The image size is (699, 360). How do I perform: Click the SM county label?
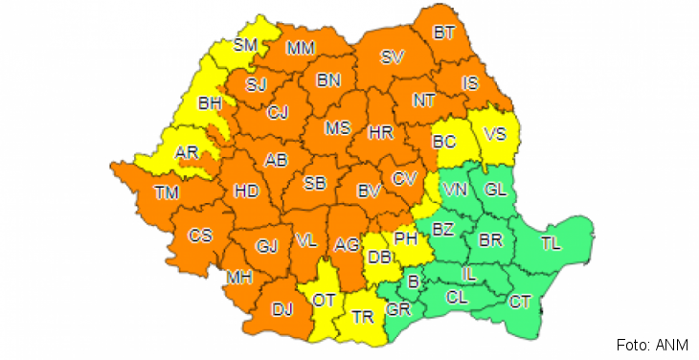(x=247, y=45)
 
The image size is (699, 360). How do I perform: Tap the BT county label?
(x=444, y=34)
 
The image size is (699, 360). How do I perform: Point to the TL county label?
(x=553, y=241)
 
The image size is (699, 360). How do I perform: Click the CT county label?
(x=521, y=303)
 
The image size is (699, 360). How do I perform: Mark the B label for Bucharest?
(x=414, y=281)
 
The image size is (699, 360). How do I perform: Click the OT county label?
(x=324, y=300)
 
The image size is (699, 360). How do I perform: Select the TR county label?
(x=362, y=316)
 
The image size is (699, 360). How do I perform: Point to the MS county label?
(x=337, y=128)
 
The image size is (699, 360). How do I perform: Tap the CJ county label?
(x=278, y=113)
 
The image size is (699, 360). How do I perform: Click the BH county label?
(x=209, y=103)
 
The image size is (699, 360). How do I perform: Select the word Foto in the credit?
(x=632, y=345)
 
